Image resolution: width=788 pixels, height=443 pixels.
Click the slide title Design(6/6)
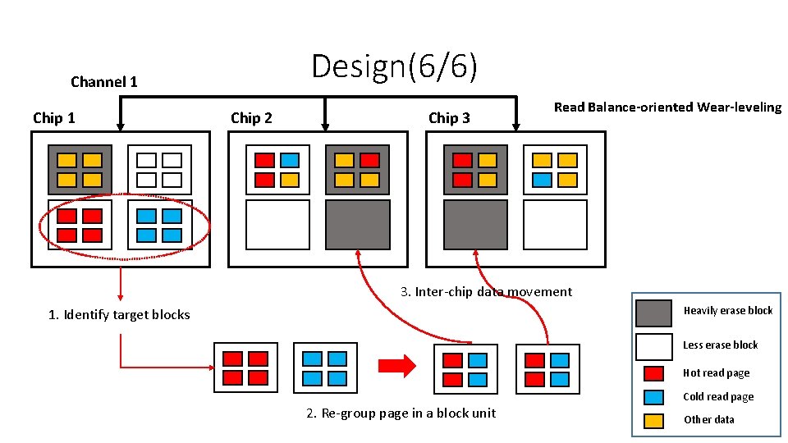[x=394, y=66]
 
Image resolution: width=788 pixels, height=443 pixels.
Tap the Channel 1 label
[x=104, y=82]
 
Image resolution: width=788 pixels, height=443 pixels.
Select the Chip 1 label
[x=54, y=118]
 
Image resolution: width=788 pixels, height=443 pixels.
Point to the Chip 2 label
[x=251, y=118]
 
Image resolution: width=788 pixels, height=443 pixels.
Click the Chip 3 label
[x=449, y=118]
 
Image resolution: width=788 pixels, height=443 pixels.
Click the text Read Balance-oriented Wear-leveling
[x=668, y=107]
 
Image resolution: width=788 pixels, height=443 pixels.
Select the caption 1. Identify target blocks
[x=119, y=315]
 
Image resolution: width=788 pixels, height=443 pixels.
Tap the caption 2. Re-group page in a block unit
[x=401, y=413]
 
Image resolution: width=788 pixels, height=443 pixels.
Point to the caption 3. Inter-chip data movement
[x=487, y=292]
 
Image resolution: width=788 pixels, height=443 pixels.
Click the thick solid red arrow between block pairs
[x=397, y=366]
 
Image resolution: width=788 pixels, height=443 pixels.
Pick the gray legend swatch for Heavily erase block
[x=653, y=313]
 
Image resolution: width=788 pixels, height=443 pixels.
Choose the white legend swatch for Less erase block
[x=653, y=346]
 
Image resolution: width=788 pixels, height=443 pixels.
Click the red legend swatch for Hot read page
[x=653, y=373]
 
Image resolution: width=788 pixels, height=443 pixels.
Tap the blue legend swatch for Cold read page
[x=653, y=397]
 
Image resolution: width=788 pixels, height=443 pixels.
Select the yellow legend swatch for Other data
[x=653, y=420]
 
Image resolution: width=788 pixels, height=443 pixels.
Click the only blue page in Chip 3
[x=542, y=180]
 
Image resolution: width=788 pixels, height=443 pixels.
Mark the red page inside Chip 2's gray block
[x=370, y=160]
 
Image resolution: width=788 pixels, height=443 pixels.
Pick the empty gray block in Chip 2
[x=358, y=225]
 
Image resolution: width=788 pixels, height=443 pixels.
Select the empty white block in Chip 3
[x=556, y=225]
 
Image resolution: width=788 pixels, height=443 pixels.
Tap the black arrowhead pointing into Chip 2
[x=325, y=126]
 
